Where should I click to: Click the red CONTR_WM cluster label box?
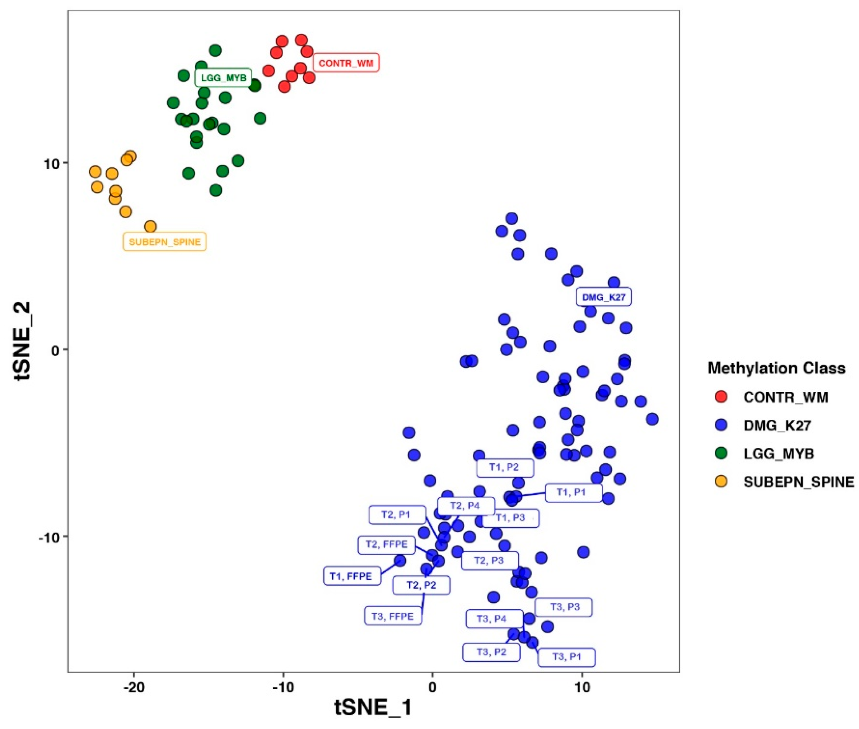(x=346, y=63)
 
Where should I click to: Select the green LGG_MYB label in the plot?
(x=223, y=77)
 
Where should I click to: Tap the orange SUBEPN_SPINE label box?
(x=164, y=242)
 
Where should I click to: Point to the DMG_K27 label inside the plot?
(x=603, y=297)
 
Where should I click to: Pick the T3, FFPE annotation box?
(x=393, y=616)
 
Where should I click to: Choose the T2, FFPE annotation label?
(x=387, y=544)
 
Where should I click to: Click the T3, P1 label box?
(x=566, y=657)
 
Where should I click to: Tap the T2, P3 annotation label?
(x=489, y=560)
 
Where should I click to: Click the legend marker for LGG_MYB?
(x=721, y=453)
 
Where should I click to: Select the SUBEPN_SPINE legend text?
(x=798, y=482)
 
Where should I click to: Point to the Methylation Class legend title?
(x=776, y=368)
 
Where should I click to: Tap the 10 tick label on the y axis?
(x=52, y=164)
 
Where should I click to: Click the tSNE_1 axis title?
(x=373, y=707)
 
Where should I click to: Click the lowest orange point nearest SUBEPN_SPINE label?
(x=150, y=227)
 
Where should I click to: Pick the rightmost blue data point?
(x=652, y=419)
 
